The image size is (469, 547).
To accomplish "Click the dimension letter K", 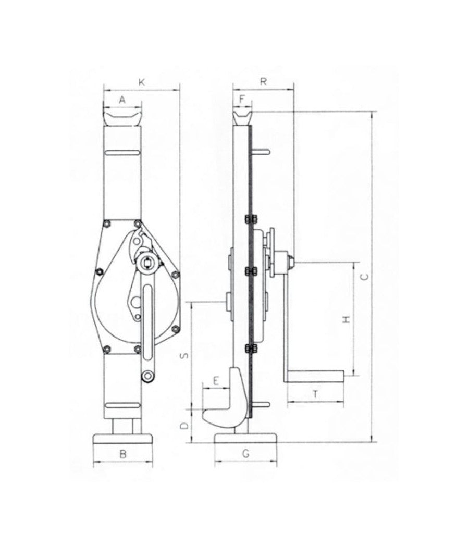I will click(x=141, y=82).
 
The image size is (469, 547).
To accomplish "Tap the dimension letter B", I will click(x=123, y=454).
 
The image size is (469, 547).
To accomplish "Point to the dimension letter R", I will click(x=264, y=81).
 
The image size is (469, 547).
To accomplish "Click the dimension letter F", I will click(x=242, y=98).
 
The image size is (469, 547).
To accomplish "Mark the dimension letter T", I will click(x=315, y=394).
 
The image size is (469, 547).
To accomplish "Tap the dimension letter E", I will click(x=215, y=380).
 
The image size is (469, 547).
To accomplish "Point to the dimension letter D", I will click(x=183, y=426).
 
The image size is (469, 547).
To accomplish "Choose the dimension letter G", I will click(x=245, y=454).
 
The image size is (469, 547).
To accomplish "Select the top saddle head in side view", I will click(x=242, y=116).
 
